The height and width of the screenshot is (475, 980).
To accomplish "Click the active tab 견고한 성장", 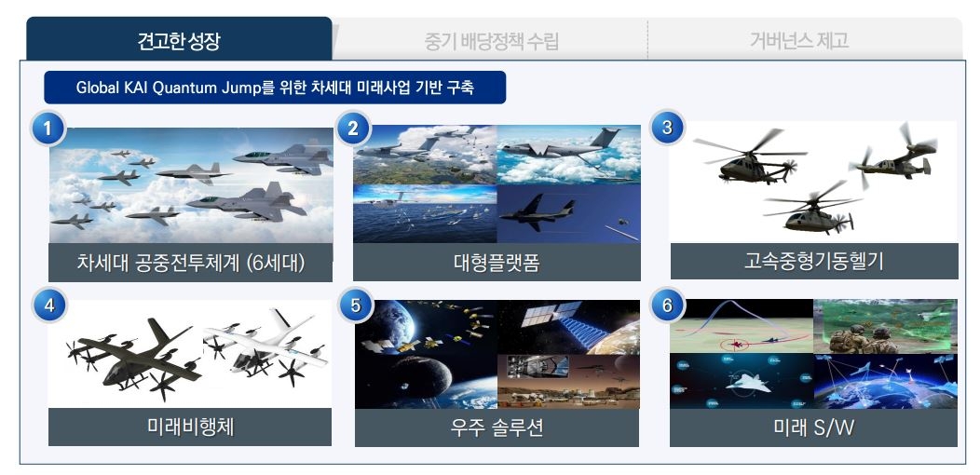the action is [x=179, y=39].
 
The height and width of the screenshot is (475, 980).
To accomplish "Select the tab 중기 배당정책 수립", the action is [x=491, y=41].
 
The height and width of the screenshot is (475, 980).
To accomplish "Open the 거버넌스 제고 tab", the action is [x=799, y=41].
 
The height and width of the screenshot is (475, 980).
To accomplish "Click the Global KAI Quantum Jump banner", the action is [x=275, y=88].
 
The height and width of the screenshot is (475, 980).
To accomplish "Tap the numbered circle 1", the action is [x=48, y=129].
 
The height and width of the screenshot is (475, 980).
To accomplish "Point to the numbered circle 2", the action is [x=353, y=129].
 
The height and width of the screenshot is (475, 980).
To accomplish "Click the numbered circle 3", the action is [x=667, y=128].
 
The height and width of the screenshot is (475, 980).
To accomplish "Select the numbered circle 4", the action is [x=48, y=306].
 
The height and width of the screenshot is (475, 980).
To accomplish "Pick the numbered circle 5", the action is [x=355, y=306].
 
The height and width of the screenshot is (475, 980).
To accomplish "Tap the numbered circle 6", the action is [x=667, y=305].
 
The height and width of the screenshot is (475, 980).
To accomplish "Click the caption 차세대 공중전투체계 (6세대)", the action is [x=191, y=263].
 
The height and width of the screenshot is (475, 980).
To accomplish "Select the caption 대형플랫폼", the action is [x=497, y=263].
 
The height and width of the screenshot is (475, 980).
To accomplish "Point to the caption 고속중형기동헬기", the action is [x=814, y=261].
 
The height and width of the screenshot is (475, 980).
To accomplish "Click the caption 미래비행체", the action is [x=190, y=427].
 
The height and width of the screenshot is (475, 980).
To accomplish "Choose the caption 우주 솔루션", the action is [x=497, y=428].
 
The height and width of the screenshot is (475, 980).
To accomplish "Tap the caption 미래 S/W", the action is [x=813, y=428].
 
